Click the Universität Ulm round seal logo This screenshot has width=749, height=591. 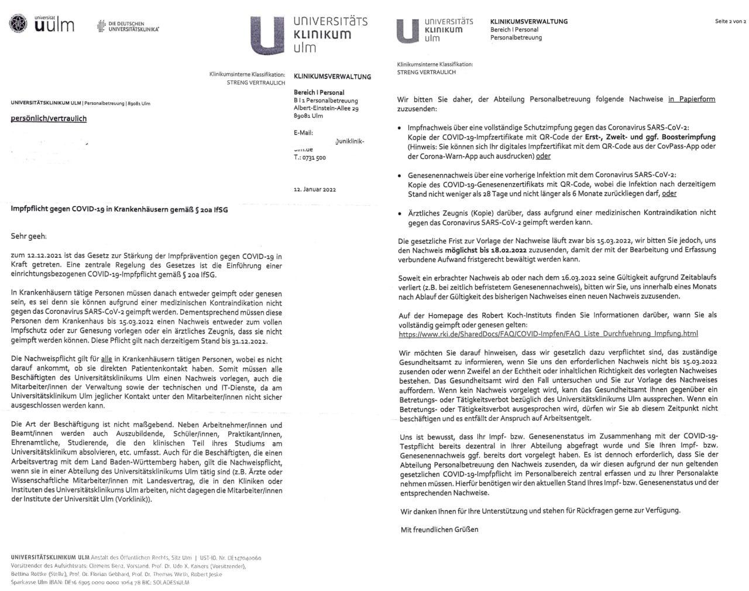click(18, 25)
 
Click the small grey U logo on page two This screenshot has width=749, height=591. click(407, 31)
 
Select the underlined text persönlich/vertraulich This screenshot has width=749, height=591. click(49, 118)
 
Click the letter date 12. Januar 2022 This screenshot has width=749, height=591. click(315, 189)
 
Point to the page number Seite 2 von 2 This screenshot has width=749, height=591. click(730, 22)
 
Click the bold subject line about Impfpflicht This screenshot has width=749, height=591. click(119, 209)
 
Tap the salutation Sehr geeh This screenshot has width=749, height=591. click(28, 236)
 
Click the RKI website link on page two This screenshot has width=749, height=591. click(548, 334)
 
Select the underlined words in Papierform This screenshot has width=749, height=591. click(692, 99)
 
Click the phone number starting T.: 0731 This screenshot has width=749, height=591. click(310, 158)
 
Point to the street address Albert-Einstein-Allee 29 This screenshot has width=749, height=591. click(326, 108)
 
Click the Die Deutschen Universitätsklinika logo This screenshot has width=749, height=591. click(128, 26)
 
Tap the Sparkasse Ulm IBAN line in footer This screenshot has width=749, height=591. click(100, 582)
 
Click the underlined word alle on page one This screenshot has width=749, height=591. click(106, 360)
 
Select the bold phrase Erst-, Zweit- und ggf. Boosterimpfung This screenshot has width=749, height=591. click(650, 137)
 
